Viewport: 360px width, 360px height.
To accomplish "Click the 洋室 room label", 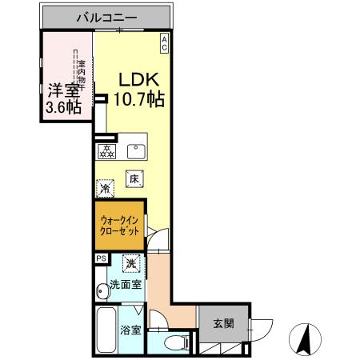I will pyautogui.click(x=61, y=90).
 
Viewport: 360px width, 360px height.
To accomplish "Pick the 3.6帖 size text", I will pyautogui.click(x=62, y=108).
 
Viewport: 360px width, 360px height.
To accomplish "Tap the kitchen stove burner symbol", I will pyautogui.click(x=106, y=151).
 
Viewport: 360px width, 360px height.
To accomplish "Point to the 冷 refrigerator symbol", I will pyautogui.click(x=106, y=189).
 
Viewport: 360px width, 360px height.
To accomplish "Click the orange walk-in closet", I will pyautogui.click(x=120, y=225).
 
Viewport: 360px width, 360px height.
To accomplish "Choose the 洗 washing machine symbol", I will pyautogui.click(x=130, y=262).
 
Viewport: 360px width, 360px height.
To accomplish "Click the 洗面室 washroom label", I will pyautogui.click(x=125, y=284).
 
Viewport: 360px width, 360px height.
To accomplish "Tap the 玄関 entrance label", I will pyautogui.click(x=223, y=324).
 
